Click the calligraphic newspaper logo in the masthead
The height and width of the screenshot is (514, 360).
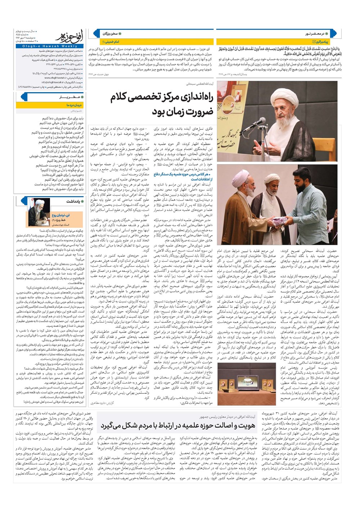tap(67, 37)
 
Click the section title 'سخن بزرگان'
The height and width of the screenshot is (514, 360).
tap(110, 33)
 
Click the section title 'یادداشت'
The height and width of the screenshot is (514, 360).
tap(72, 201)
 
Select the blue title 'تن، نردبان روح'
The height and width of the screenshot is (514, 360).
tap(60, 215)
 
